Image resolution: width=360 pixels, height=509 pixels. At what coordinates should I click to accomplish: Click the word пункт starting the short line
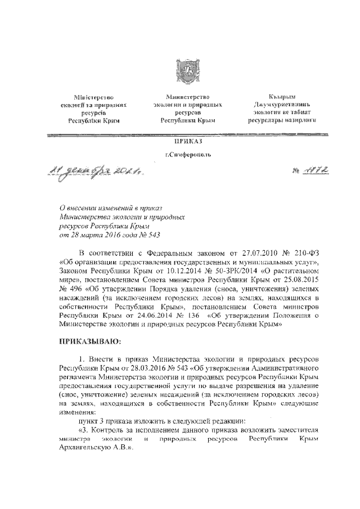pos(89,420)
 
